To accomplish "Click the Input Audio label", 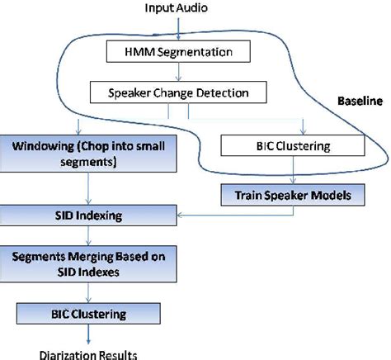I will tap(177, 7).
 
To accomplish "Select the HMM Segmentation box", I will tap(178, 53).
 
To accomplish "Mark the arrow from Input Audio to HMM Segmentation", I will tap(178, 28).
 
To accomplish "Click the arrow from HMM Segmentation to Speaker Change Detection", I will tap(178, 73).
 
